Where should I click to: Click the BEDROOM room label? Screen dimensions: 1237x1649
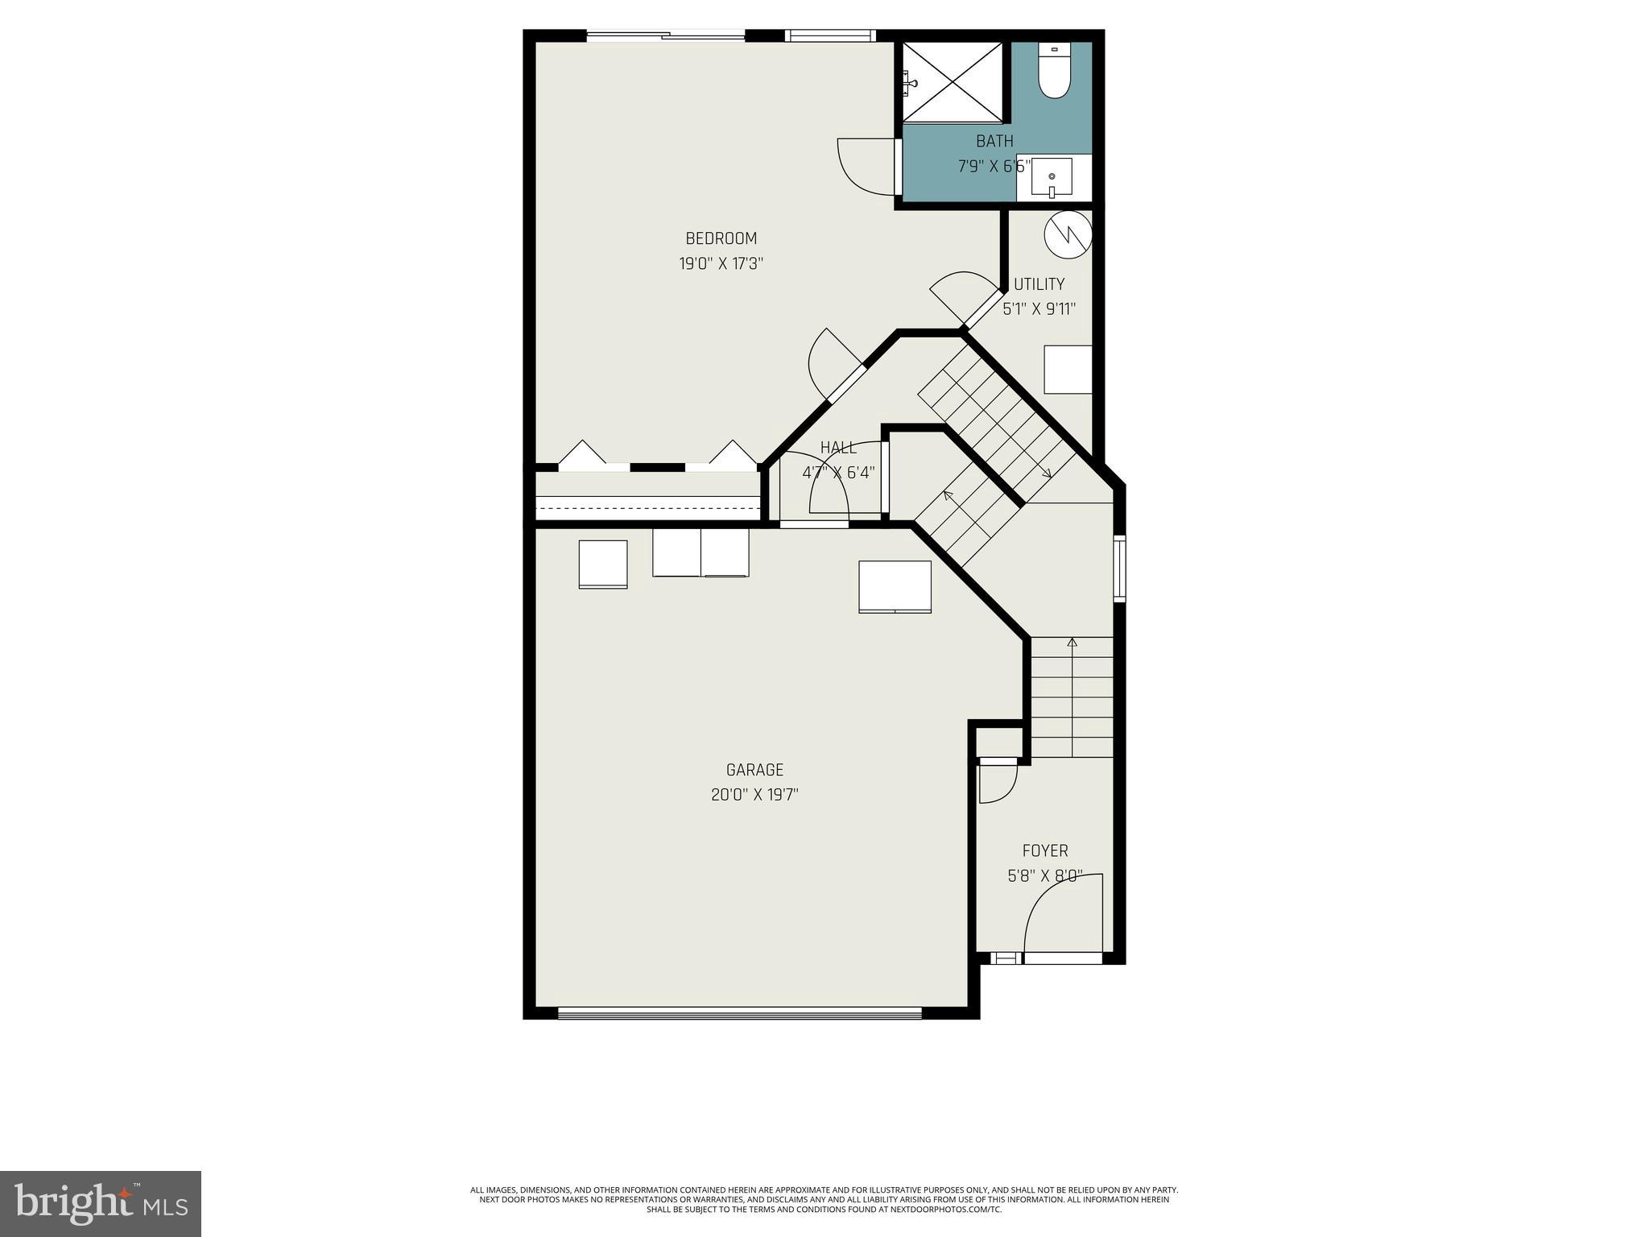coord(721,238)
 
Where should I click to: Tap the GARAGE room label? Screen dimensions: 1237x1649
coord(754,770)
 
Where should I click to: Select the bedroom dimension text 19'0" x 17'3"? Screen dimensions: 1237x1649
coord(721,263)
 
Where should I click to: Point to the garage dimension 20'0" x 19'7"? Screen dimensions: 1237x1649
coord(754,795)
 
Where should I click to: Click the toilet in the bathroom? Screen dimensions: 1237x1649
coord(1052,72)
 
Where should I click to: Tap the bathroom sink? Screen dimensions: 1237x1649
coord(1052,177)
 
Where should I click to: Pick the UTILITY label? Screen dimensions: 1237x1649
coord(1039,284)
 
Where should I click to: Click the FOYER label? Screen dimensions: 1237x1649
coord(1045,850)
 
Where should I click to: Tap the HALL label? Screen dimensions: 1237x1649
coord(838,448)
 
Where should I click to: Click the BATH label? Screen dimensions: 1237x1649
coord(994,142)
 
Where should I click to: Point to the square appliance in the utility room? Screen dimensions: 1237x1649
coord(1068,370)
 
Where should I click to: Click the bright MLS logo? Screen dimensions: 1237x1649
coord(101,1203)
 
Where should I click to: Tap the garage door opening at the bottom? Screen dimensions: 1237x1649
coord(739,1013)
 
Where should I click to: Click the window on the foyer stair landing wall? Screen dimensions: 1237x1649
coord(1119,568)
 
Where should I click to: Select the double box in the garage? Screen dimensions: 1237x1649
coord(701,552)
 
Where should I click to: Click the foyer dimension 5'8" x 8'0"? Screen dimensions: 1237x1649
coord(1045,875)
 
